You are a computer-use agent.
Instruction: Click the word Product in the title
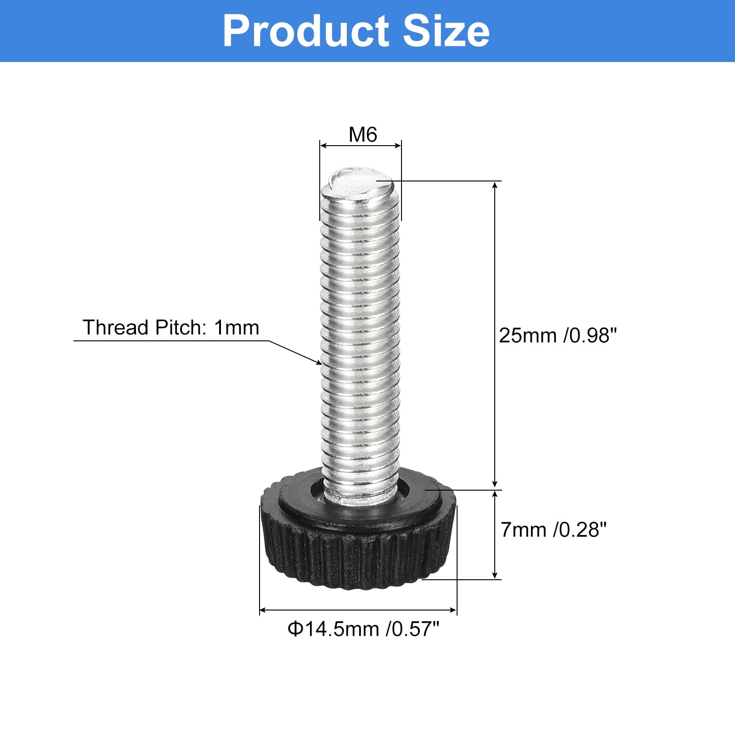[x=306, y=31]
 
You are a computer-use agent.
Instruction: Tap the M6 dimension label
[x=363, y=135]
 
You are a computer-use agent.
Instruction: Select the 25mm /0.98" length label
[x=557, y=335]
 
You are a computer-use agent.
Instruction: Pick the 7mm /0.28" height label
[x=554, y=530]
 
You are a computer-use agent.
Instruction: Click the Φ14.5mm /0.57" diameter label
[x=363, y=628]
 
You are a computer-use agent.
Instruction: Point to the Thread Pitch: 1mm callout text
[x=171, y=328]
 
